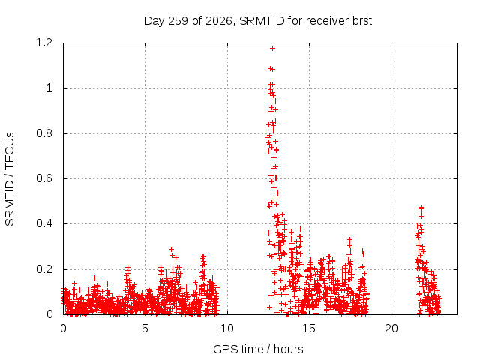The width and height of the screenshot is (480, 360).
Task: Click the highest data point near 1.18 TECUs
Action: coord(272,48)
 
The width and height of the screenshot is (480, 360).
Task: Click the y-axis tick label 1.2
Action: coord(45,43)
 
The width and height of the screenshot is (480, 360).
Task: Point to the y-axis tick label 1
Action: coord(50,88)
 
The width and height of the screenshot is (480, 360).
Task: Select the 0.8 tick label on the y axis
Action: coord(45,133)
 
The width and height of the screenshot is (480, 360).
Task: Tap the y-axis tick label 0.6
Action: coord(45,178)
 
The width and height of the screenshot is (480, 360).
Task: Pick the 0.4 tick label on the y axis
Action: coord(45,223)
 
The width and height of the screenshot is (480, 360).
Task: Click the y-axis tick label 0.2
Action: coord(45,269)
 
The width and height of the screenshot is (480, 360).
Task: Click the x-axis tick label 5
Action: coord(145,328)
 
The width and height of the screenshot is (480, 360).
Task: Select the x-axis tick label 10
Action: coord(227,328)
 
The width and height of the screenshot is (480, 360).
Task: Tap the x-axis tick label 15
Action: coord(309,328)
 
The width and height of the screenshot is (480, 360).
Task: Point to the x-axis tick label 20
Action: coord(391,328)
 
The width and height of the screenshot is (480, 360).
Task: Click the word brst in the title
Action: coord(362,21)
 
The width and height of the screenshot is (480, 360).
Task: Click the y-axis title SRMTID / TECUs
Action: coord(10,179)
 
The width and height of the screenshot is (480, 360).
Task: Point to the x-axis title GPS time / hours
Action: coord(258,349)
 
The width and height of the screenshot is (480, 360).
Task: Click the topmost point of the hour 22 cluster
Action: coord(421,207)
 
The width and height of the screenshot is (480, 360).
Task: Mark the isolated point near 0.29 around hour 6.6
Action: coord(172,249)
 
